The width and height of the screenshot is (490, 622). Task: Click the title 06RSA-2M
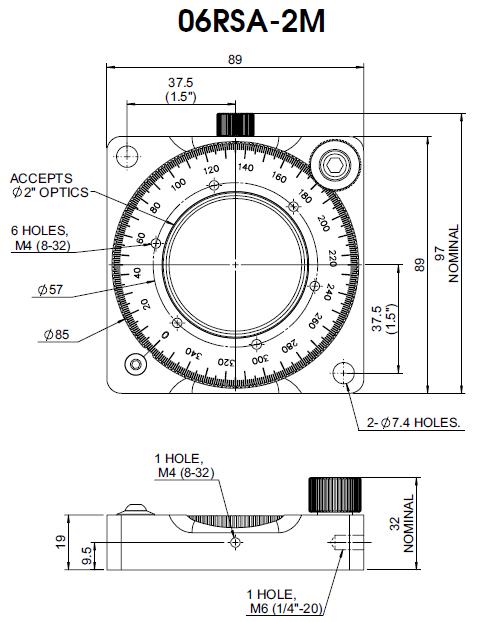251,21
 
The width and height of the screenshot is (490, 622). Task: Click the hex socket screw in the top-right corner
335,164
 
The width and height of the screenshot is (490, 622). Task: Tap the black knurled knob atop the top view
235,124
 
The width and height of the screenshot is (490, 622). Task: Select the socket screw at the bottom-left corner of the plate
136,364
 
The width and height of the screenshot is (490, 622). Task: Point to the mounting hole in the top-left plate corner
127,156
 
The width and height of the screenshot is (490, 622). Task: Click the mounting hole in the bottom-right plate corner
343,373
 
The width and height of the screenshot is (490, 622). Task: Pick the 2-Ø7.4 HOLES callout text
413,422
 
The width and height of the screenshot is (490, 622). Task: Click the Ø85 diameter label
56,334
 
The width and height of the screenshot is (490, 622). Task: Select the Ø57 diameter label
50,290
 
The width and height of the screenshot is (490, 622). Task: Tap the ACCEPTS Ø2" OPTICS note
49,185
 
